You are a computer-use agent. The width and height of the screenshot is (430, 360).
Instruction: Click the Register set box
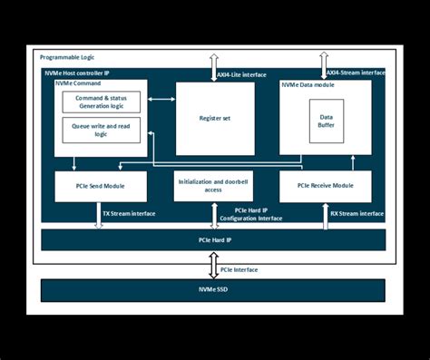coord(215,118)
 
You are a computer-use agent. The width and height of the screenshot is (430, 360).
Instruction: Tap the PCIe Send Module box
coord(101,186)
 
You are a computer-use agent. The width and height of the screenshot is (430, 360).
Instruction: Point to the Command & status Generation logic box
coord(101,102)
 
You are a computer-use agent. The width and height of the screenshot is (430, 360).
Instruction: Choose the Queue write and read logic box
coord(101,130)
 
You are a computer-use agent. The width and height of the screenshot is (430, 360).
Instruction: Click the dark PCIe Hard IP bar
coord(215,240)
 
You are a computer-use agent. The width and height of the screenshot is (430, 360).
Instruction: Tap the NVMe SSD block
coord(215,290)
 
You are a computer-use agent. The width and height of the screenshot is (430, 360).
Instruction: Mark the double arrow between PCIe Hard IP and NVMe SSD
coord(214,265)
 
